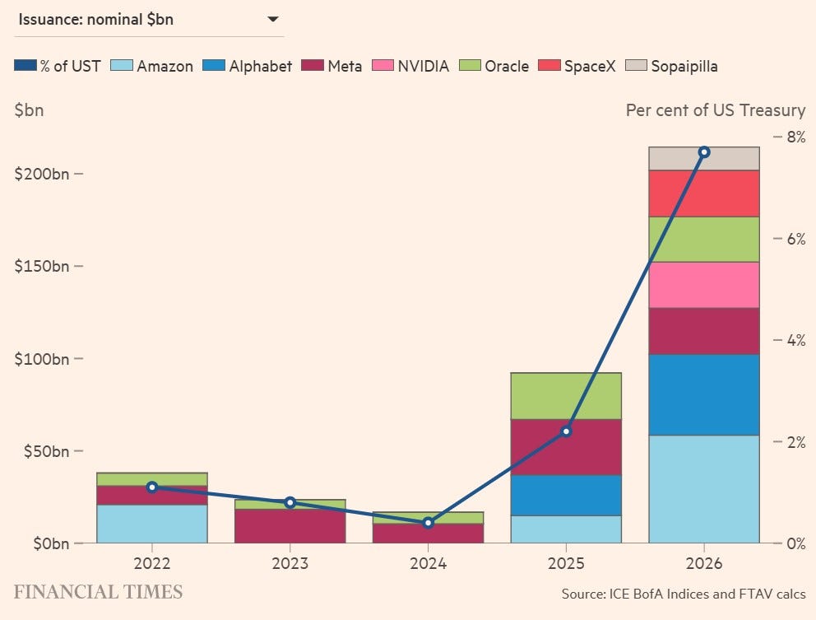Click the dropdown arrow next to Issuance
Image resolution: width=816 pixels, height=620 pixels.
(x=273, y=20)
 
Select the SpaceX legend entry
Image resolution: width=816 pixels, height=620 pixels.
(x=577, y=66)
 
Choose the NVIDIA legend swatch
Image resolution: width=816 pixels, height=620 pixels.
(x=382, y=66)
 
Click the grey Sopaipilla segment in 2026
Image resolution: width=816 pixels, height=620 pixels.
(x=703, y=158)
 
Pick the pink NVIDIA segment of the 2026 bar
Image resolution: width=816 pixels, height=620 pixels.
(x=703, y=285)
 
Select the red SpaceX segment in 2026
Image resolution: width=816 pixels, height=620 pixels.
(x=703, y=193)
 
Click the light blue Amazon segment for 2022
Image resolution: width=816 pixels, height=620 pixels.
(x=152, y=524)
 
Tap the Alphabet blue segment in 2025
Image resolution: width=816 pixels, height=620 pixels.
(x=566, y=496)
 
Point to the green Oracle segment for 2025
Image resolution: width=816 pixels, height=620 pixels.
(x=566, y=396)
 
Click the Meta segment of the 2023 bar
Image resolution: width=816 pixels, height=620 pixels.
(x=290, y=526)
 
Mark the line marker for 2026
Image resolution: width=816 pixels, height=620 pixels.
(x=704, y=152)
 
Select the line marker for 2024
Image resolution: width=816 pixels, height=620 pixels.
(x=429, y=523)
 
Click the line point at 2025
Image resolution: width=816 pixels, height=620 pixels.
(x=566, y=431)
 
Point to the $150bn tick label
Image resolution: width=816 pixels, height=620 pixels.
(x=42, y=266)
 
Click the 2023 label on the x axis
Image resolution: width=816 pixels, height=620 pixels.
(x=290, y=563)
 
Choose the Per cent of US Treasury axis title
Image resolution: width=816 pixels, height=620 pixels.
(x=716, y=110)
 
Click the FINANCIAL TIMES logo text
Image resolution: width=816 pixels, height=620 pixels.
(x=99, y=592)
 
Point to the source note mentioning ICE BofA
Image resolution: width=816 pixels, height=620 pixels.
(x=684, y=594)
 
